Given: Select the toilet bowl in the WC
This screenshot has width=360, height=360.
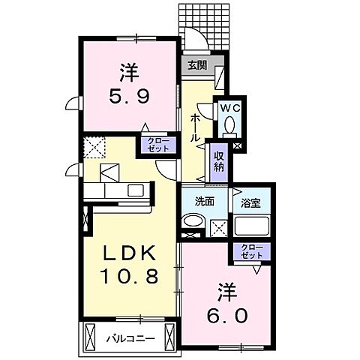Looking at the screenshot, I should [229, 124].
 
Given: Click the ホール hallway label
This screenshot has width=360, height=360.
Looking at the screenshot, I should [195, 128].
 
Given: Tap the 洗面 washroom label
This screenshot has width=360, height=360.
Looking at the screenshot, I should [194, 201].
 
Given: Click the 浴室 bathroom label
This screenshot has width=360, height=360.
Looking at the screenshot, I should [250, 201].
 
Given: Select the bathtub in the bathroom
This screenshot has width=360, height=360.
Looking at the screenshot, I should [252, 225].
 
